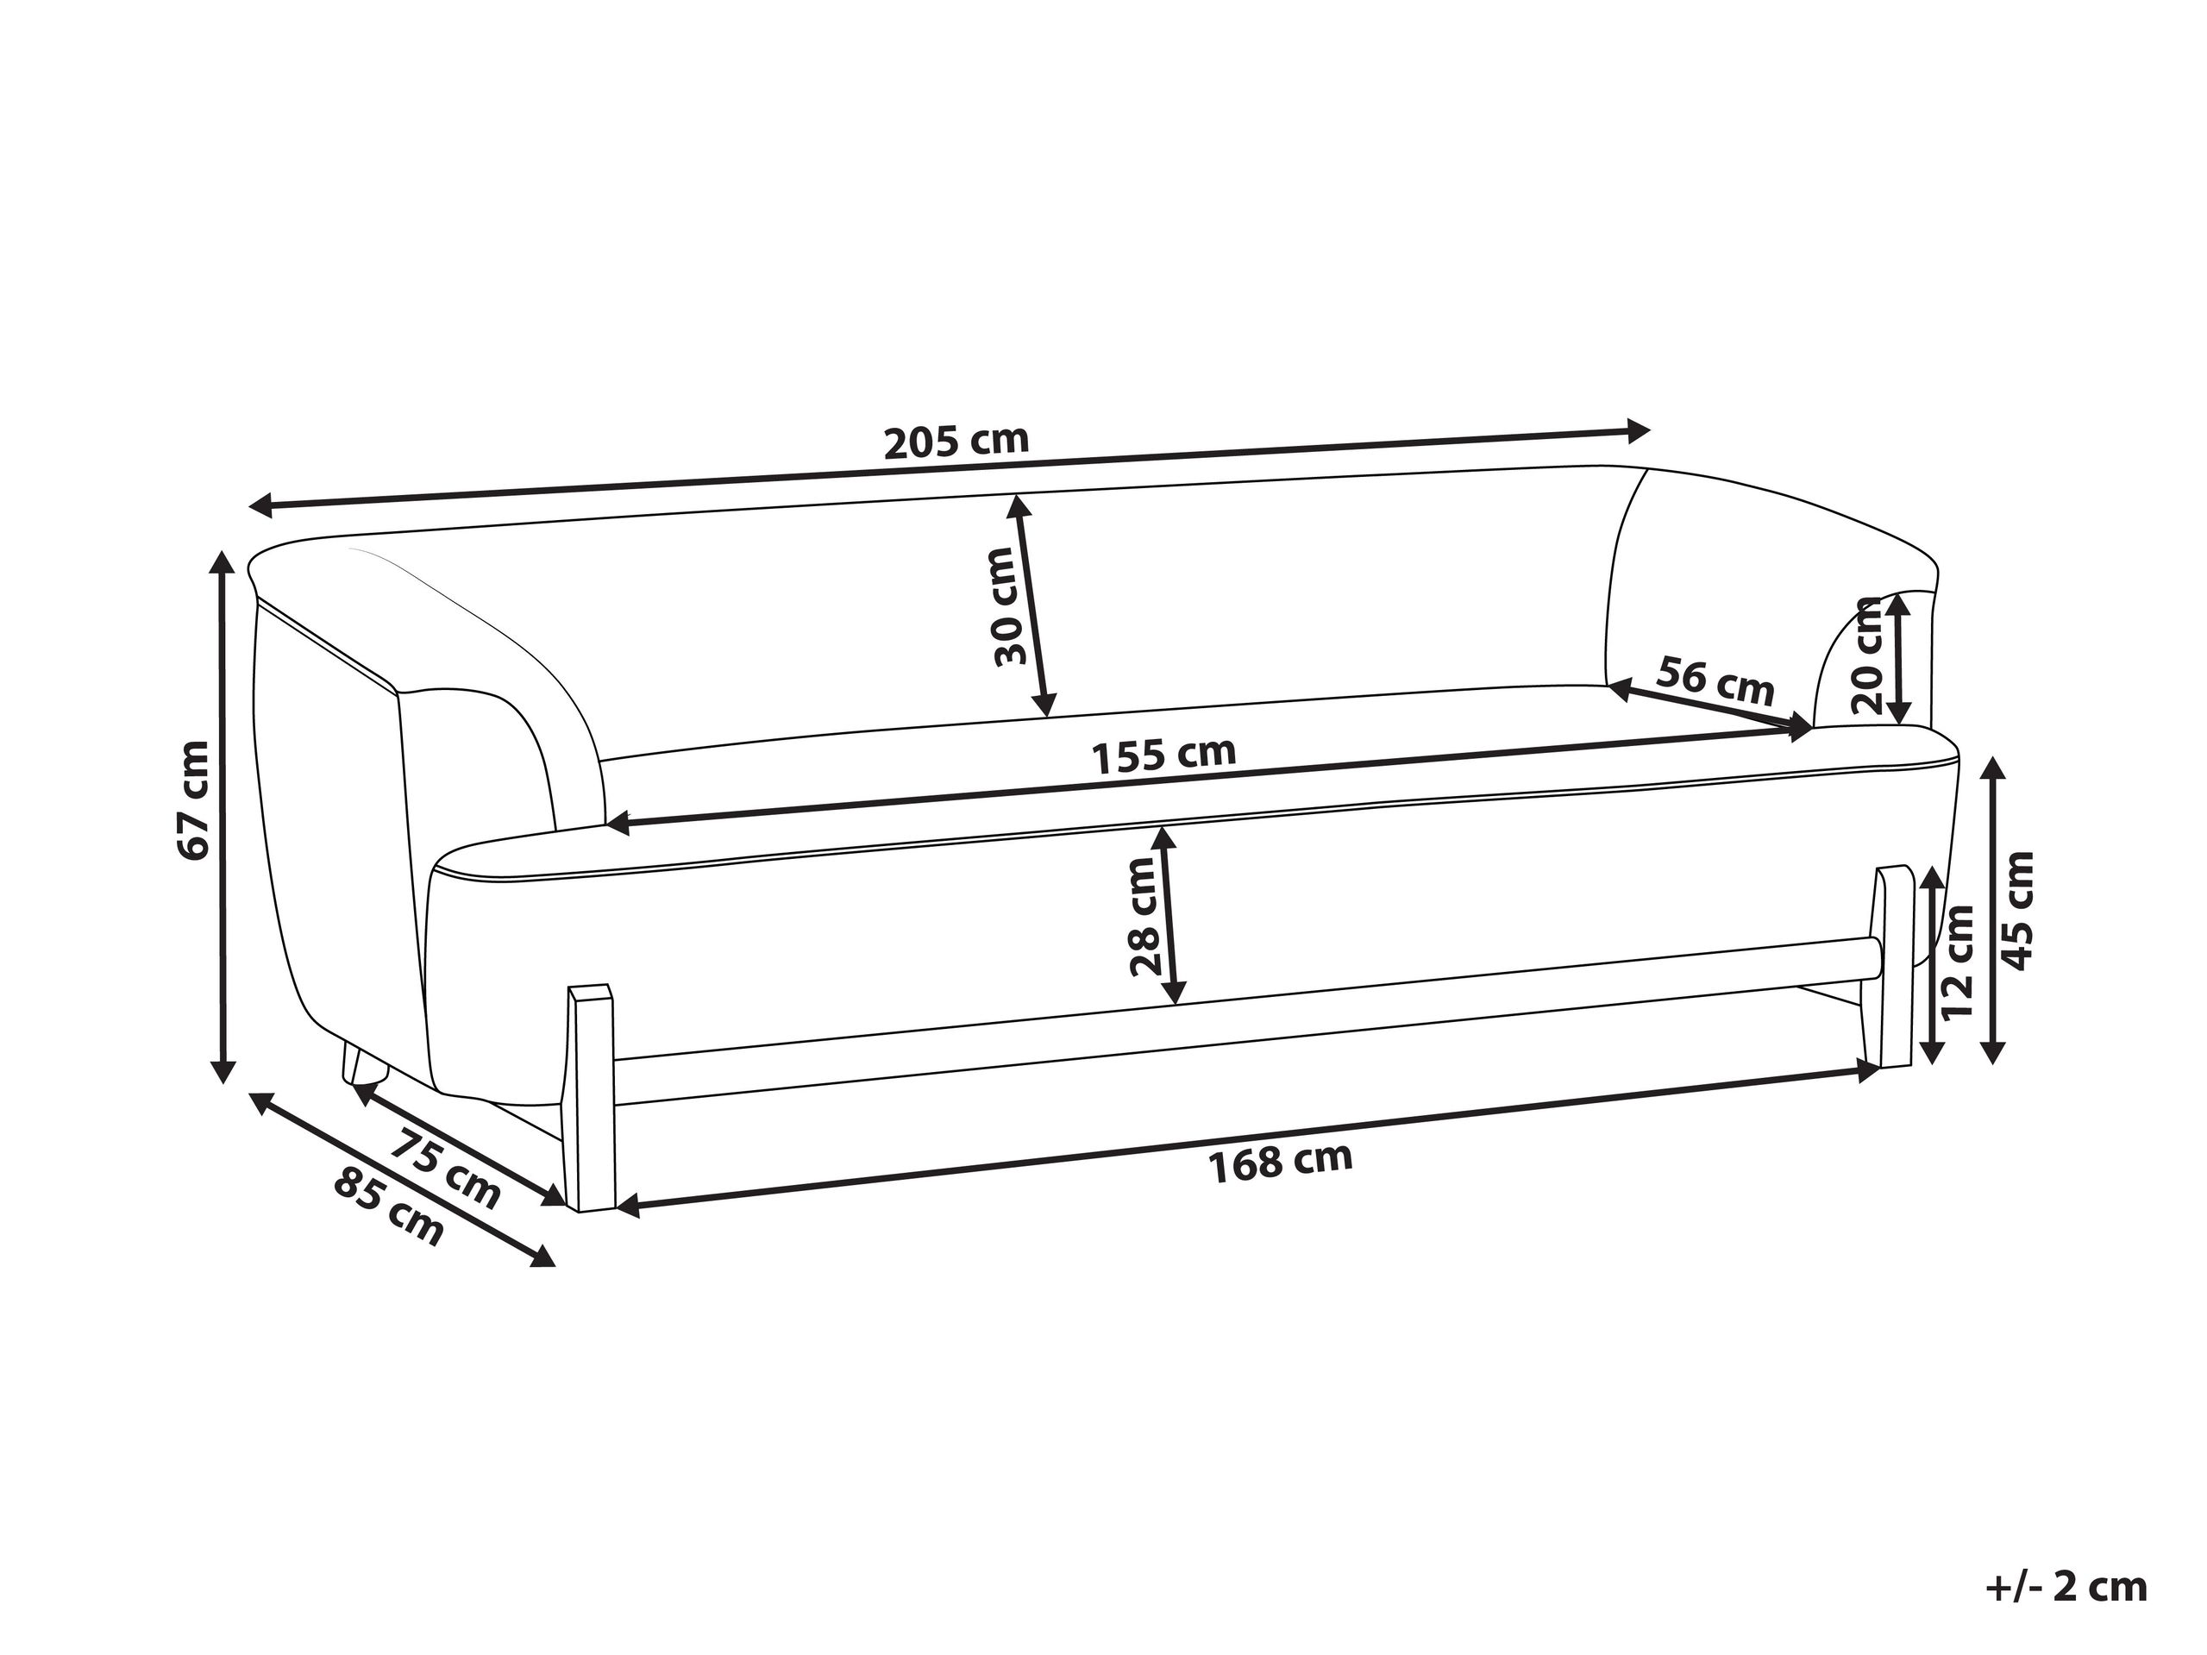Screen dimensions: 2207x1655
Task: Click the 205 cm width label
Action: tap(956, 441)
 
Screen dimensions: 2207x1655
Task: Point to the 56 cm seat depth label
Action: tap(1715, 680)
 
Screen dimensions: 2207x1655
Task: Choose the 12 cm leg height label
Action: tap(1958, 960)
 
